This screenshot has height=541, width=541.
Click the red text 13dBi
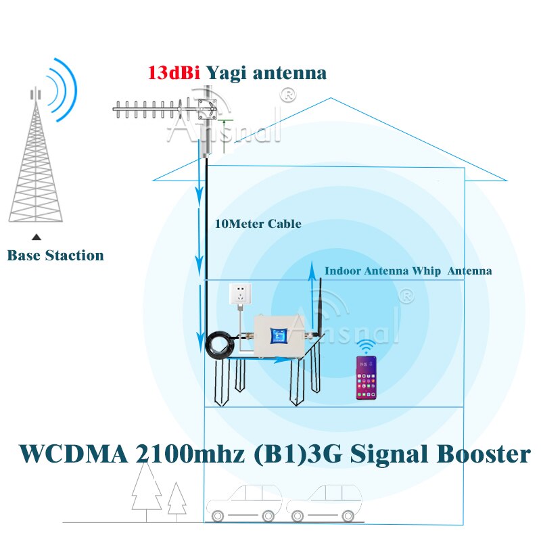[174, 72]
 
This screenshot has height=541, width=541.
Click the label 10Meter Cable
[258, 224]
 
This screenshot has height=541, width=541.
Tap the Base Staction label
[55, 256]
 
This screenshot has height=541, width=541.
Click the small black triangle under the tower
[37, 237]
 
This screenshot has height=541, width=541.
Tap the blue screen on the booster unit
[278, 335]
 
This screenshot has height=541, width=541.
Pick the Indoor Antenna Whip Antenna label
[408, 270]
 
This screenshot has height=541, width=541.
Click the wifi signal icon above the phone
[366, 347]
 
